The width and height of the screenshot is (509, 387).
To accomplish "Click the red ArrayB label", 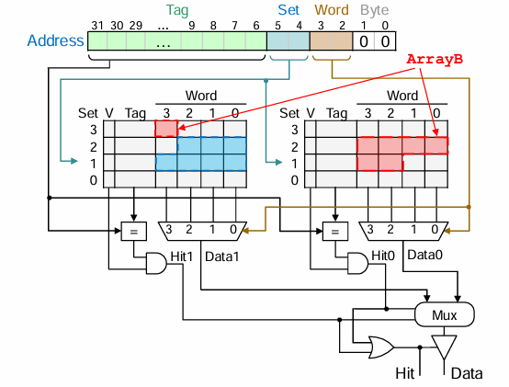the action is (x=435, y=59).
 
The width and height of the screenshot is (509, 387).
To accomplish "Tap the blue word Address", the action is (x=55, y=40).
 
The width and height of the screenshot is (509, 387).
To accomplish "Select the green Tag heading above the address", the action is (x=177, y=10).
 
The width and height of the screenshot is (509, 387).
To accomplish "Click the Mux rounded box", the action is (x=445, y=314).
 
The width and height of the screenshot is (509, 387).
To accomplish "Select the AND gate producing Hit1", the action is (x=156, y=263).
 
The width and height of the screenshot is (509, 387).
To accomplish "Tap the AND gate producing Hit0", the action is (x=357, y=263).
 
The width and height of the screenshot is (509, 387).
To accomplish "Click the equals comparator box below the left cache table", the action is (x=134, y=231).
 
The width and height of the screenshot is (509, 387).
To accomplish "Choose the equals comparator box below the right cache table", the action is (x=335, y=231).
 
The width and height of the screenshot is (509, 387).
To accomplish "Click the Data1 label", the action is (x=222, y=256).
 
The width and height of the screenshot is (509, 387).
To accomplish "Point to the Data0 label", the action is (x=424, y=255).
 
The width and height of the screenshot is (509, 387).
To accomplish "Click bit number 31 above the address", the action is (x=97, y=26).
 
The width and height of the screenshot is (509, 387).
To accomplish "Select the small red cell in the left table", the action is (x=166, y=129).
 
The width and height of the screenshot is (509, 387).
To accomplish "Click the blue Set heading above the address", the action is (x=288, y=10).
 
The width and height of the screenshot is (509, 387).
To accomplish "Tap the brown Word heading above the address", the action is (x=332, y=10).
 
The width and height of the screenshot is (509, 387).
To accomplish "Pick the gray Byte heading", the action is (x=374, y=11).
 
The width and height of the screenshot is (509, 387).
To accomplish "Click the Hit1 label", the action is (x=182, y=256).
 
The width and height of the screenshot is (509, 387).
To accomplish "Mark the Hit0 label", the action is (x=383, y=256).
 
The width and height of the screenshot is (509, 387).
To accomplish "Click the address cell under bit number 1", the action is (x=364, y=41).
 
